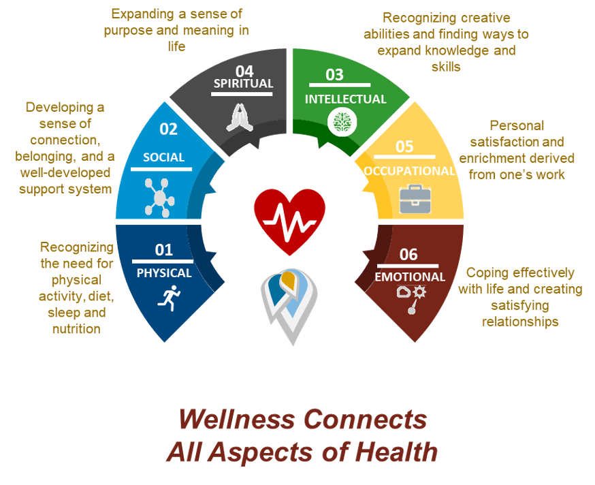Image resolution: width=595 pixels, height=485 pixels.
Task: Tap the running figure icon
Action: click(170, 298)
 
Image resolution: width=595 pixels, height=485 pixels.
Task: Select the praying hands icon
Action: click(240, 118)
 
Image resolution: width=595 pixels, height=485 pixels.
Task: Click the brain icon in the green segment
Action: click(342, 122)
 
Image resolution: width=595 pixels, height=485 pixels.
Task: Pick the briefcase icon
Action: click(415, 199)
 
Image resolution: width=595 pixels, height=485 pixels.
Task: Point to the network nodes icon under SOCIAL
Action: click(159, 198)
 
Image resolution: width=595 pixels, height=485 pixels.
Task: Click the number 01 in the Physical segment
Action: click(164, 250)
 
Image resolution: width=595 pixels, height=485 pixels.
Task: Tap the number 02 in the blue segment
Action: click(168, 129)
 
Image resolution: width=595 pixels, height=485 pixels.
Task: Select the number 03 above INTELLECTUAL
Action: click(334, 75)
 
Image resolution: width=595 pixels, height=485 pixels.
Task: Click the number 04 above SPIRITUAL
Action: click(244, 71)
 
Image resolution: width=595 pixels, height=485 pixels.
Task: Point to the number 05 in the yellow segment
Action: click(404, 146)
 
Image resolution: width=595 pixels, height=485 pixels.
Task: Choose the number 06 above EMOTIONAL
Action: click(408, 255)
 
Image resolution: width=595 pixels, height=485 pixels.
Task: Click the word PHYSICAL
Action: click(164, 273)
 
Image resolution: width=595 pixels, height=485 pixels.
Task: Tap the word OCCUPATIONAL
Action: click(409, 171)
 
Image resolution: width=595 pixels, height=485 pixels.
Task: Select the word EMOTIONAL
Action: click(410, 277)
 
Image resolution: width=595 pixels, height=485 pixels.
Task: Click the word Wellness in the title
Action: click(237, 420)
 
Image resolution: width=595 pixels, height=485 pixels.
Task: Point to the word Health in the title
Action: click(396, 452)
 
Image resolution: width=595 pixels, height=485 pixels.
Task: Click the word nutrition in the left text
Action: click(77, 328)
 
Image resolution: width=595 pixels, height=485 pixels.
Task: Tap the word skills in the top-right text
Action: click(446, 67)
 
